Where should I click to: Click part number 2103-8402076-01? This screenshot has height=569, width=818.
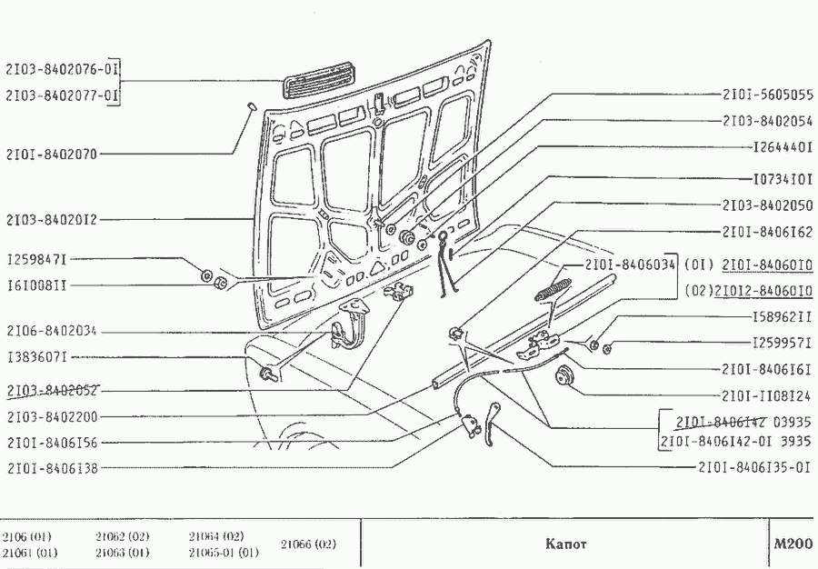pyautogui.click(x=62, y=69)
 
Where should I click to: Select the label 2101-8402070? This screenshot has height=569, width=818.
pyautogui.click(x=52, y=155)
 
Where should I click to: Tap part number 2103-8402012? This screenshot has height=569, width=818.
pyautogui.click(x=52, y=220)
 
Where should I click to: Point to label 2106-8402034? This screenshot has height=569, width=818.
pyautogui.click(x=52, y=331)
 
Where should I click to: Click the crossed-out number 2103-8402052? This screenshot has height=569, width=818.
pyautogui.click(x=52, y=391)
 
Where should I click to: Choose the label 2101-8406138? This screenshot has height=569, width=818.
pyautogui.click(x=52, y=468)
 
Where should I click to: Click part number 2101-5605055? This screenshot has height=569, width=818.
pyautogui.click(x=767, y=95)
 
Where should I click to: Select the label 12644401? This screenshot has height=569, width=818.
pyautogui.click(x=783, y=147)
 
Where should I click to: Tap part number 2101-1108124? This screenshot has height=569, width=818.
pyautogui.click(x=766, y=396)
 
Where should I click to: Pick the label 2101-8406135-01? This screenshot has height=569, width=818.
pyautogui.click(x=755, y=467)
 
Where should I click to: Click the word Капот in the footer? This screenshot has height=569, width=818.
pyautogui.click(x=565, y=544)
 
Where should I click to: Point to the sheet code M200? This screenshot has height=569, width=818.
pyautogui.click(x=792, y=544)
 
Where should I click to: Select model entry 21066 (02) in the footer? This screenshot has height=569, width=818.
pyautogui.click(x=308, y=544)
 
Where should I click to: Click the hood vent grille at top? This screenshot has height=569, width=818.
pyautogui.click(x=318, y=79)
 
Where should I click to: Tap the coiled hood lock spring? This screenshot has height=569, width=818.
pyautogui.click(x=554, y=290)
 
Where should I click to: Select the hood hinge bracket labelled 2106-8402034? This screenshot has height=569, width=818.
pyautogui.click(x=352, y=323)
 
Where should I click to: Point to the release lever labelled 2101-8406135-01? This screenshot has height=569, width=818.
pyautogui.click(x=491, y=424)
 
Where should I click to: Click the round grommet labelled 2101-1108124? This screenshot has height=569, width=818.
pyautogui.click(x=564, y=375)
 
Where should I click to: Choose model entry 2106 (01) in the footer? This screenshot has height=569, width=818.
pyautogui.click(x=26, y=536)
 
